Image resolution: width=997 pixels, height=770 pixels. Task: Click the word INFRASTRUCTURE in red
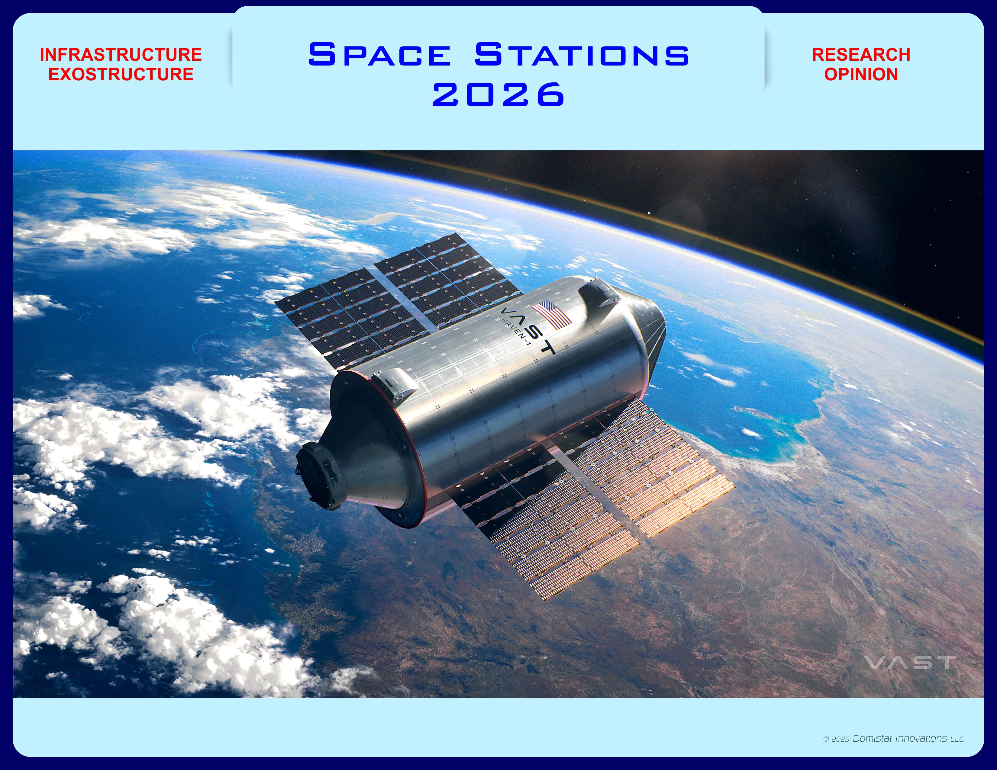[121, 55]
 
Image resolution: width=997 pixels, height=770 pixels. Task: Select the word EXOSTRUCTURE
[121, 74]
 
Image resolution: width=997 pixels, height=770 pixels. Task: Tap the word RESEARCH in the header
[861, 55]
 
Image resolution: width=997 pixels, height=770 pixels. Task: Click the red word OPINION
[861, 74]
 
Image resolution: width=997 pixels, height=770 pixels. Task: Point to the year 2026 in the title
[498, 95]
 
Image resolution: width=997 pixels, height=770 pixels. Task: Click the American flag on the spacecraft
[551, 315]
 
